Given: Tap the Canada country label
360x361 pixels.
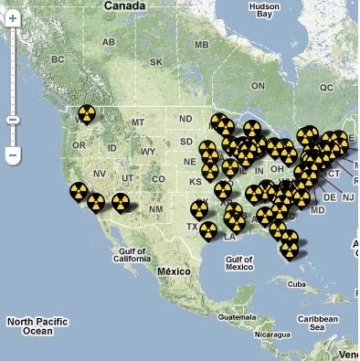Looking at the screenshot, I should tap(126, 6).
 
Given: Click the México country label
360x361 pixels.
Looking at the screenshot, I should tap(173, 271).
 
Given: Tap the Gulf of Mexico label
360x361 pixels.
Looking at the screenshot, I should tap(238, 263).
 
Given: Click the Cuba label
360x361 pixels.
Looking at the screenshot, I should tap(294, 284).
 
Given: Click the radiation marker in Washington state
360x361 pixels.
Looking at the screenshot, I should tap(86, 113).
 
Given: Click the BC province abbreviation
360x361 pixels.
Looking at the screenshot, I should tap(58, 59).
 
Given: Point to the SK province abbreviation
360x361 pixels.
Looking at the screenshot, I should tap(155, 62).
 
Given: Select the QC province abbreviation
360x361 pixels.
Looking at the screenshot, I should tap(327, 88).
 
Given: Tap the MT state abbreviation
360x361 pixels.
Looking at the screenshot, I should tap(139, 122).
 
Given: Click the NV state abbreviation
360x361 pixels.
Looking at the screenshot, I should tap(99, 174).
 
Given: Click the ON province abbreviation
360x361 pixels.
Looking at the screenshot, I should tap(258, 86).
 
